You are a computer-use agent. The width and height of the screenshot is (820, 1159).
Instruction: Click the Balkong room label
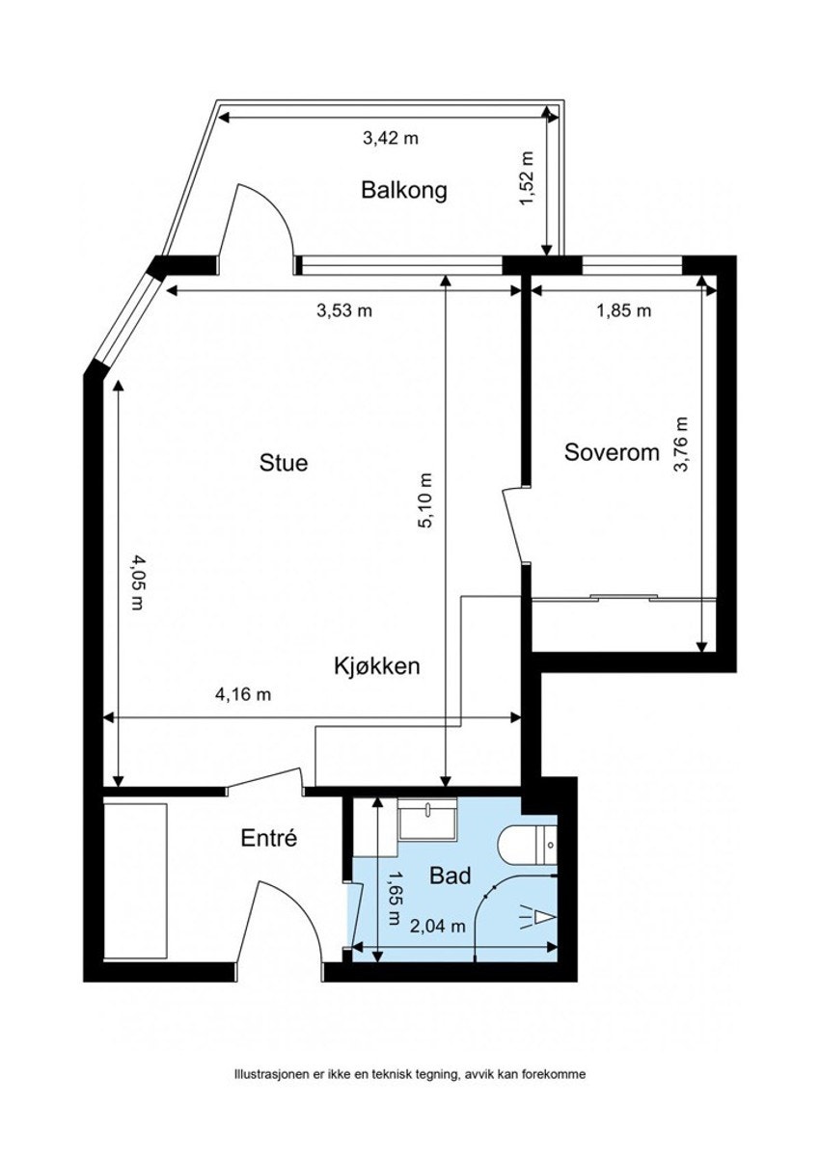coord(404,190)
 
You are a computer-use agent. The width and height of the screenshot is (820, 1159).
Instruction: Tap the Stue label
coord(284,463)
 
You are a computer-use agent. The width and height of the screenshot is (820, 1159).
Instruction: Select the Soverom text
coord(612,452)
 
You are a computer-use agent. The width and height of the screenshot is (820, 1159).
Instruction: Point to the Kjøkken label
coord(376,666)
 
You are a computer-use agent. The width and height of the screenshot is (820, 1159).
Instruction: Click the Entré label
coord(269,838)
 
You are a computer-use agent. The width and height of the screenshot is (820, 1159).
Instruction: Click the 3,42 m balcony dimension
coord(391,138)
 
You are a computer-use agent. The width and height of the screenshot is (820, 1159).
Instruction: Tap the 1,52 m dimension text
coord(526,178)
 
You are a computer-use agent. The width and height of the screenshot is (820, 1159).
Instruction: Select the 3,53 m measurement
coord(344,310)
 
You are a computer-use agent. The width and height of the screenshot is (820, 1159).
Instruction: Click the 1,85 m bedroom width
coord(624,310)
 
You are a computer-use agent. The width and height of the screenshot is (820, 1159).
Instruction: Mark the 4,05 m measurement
coord(137,582)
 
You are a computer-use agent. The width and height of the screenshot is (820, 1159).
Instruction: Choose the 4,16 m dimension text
coord(243,694)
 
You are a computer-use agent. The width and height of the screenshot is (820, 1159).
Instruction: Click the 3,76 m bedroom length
coord(682,445)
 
